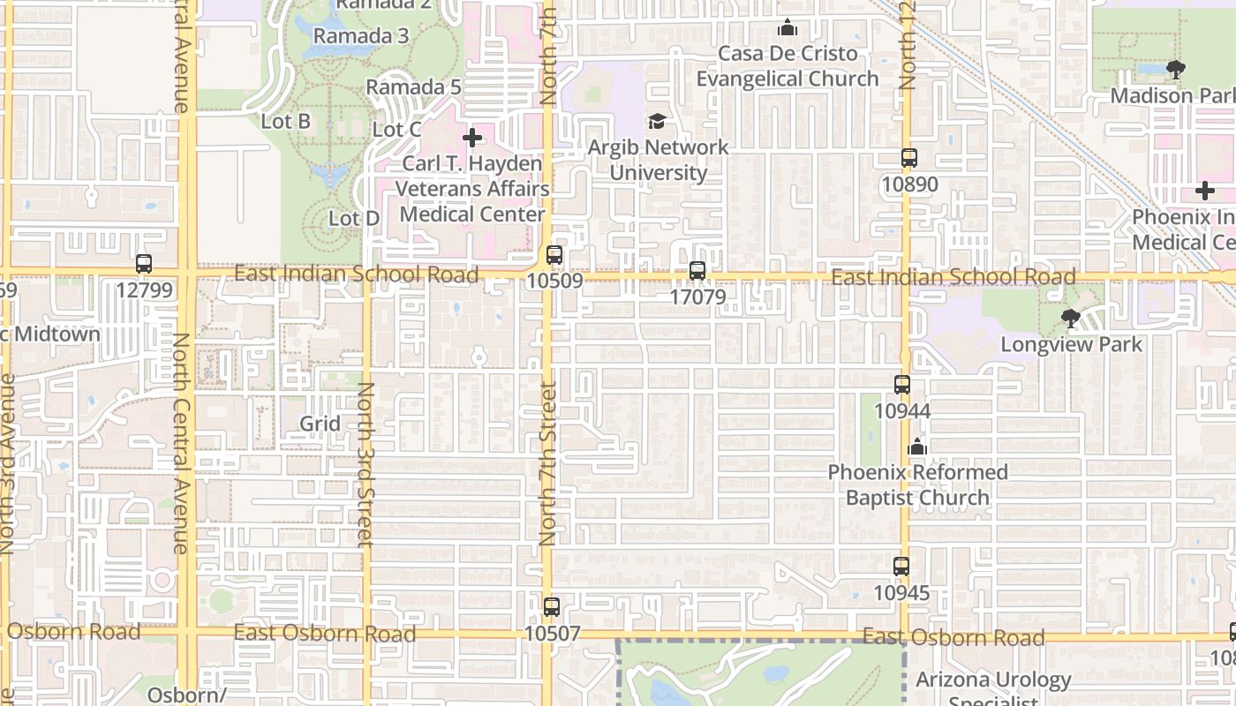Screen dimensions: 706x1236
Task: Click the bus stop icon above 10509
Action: click(x=554, y=255)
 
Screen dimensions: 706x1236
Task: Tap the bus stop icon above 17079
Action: click(x=697, y=271)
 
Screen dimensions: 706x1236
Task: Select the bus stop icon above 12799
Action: click(x=144, y=263)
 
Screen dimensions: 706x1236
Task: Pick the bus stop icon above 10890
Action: click(x=908, y=159)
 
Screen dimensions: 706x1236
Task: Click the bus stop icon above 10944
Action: click(x=901, y=385)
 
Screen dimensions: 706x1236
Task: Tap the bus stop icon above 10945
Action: click(x=901, y=567)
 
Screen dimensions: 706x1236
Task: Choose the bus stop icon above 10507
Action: click(x=552, y=607)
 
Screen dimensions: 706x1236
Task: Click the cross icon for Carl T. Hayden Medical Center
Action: click(x=472, y=138)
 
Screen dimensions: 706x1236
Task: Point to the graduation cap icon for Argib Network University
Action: click(x=657, y=121)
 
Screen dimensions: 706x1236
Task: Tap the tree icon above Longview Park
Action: click(x=1071, y=318)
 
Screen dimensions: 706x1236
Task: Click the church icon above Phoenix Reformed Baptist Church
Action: click(x=917, y=447)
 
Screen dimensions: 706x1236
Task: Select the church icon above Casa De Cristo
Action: click(x=788, y=28)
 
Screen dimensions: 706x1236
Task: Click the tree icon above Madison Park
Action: click(x=1175, y=69)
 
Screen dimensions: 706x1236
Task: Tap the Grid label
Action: click(x=320, y=424)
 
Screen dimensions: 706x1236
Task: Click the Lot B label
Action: click(x=286, y=121)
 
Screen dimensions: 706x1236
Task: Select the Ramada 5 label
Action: click(x=414, y=87)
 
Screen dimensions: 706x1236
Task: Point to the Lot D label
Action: click(x=354, y=218)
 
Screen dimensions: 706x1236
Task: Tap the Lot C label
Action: click(x=396, y=130)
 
